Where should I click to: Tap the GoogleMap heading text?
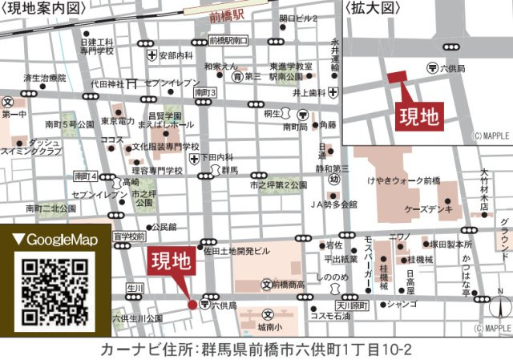click(56, 240)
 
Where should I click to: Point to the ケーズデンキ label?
click(433, 208)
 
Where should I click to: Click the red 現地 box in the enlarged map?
click(420, 116)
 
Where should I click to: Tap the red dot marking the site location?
click(192, 305)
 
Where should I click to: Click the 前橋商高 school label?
click(288, 285)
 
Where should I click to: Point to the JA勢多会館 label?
click(333, 204)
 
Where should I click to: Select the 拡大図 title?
click(372, 8)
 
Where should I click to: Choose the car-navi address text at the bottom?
click(256, 350)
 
